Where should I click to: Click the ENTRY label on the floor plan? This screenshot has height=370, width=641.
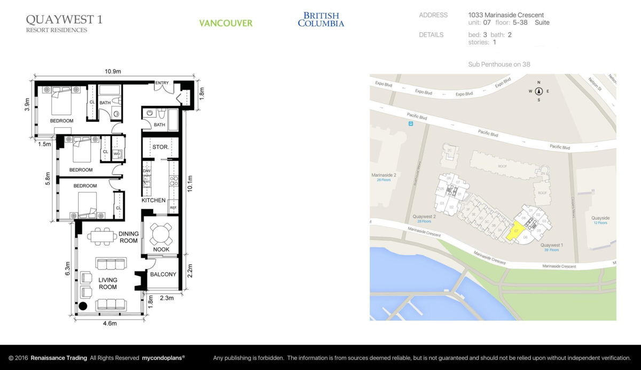click(x=162, y=83)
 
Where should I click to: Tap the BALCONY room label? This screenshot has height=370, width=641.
click(x=163, y=274)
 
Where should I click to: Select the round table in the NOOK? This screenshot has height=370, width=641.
click(x=161, y=233)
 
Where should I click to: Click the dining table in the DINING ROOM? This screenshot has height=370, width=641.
click(x=102, y=236)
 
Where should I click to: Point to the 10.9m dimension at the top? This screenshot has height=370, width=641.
click(x=113, y=71)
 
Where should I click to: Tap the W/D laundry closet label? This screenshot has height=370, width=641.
click(x=117, y=153)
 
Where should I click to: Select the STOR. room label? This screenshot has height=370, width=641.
click(x=160, y=147)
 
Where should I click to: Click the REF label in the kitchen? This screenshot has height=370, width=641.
click(x=173, y=207)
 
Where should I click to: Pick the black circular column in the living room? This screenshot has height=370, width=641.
click(x=83, y=306)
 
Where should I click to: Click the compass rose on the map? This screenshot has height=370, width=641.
click(x=538, y=91)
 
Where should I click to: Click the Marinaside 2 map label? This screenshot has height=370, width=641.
click(x=384, y=175)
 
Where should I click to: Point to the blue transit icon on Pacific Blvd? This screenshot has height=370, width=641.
click(x=410, y=124)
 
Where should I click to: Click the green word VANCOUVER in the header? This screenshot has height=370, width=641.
click(x=225, y=24)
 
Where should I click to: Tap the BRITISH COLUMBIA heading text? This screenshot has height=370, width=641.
click(x=321, y=20)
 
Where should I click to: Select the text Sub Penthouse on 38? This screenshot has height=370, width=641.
click(x=499, y=64)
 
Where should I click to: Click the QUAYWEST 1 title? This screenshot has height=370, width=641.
click(x=64, y=20)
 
